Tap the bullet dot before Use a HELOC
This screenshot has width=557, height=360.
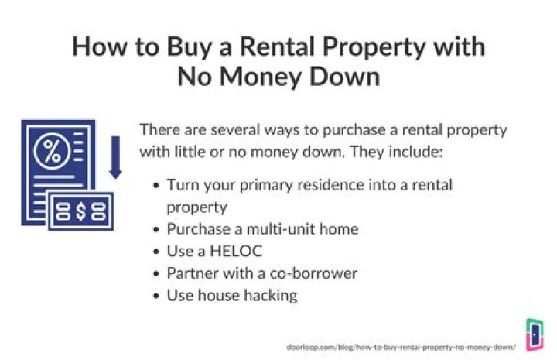pos(158,252)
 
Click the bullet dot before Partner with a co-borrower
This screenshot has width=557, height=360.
pos(158,273)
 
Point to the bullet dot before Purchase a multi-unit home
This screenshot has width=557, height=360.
pos(158,229)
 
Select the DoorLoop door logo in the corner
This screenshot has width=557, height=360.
pos(534,334)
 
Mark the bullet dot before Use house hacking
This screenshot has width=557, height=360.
pos(158,295)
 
